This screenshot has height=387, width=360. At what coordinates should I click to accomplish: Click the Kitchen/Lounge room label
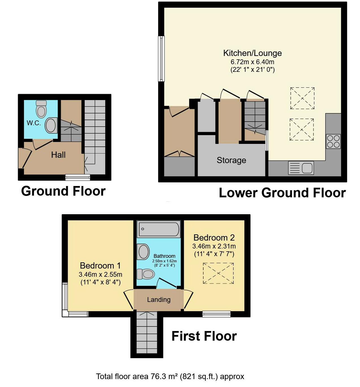coord(252,53)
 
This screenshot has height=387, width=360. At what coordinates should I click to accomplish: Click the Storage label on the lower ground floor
coord(231,160)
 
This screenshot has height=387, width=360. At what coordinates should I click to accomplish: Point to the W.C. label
coord(34,123)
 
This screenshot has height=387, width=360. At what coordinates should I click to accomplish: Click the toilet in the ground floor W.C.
coord(42,109)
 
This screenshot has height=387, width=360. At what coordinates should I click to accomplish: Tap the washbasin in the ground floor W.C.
coord(51,125)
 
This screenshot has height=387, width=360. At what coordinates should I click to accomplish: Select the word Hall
coord(58,155)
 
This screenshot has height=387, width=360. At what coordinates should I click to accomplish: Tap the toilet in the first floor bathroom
coord(146,274)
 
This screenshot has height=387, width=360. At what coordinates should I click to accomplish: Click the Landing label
coord(159,300)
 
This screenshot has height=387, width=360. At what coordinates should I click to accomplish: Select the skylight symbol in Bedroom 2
coord(218,273)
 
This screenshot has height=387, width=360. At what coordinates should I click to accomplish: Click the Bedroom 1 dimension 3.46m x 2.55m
coord(101,274)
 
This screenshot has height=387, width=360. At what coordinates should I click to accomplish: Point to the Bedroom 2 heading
coord(214,238)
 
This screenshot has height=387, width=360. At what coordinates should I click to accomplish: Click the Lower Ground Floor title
coord(282,193)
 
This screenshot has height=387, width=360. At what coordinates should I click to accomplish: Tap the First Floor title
coord(204,336)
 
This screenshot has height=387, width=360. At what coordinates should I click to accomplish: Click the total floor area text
coord(170,377)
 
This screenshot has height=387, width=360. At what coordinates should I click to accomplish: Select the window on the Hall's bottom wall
coord(78,177)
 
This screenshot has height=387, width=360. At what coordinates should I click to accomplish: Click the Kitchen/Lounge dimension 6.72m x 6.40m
coord(252,62)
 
